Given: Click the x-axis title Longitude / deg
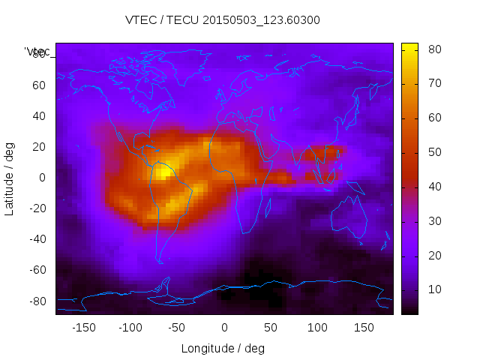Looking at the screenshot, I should tap(223, 348).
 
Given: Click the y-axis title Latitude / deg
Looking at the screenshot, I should tap(10, 178).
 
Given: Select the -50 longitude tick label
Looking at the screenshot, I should tap(177, 328).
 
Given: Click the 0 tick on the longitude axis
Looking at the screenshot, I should tap(224, 328).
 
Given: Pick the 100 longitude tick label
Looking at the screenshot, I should tap(317, 328).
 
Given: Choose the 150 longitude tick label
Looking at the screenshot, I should tap(364, 328).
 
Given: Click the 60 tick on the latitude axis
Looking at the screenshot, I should tap(39, 85).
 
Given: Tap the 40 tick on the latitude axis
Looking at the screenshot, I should tap(39, 115).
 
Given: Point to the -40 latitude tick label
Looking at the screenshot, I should tap(37, 239).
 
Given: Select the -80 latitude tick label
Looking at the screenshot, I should tap(37, 301).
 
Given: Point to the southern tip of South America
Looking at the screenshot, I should tap(160, 261).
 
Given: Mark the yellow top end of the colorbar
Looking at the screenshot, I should tap(409, 47).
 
